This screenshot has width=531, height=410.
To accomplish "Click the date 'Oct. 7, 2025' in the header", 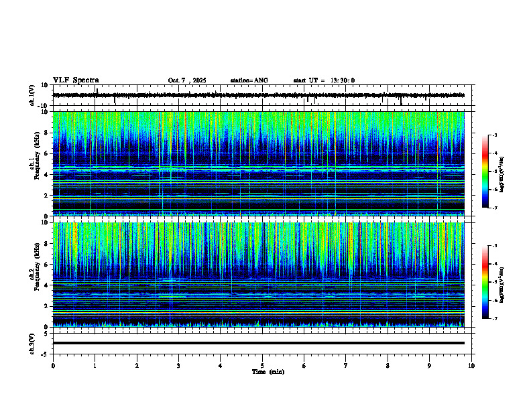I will click(x=187, y=80).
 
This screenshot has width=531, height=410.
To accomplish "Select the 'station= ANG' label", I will click(x=249, y=80).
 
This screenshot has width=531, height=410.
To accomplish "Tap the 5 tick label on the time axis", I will click(x=262, y=366).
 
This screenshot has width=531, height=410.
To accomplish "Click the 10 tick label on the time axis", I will click(x=471, y=366).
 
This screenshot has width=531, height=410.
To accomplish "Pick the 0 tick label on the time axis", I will click(x=53, y=366).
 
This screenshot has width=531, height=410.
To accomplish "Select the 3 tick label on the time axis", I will click(x=178, y=366).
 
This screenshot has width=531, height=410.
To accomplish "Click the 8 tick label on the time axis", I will click(x=388, y=366).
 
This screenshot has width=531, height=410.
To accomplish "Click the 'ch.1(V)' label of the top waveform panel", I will click(x=32, y=95).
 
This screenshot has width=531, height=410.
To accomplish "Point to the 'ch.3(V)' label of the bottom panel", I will click(x=32, y=343).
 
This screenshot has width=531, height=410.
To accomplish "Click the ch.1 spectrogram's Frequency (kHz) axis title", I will click(x=33, y=164).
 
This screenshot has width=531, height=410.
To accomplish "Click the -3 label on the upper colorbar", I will click(x=494, y=135).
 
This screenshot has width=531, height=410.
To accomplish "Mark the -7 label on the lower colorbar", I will click(x=494, y=318).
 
